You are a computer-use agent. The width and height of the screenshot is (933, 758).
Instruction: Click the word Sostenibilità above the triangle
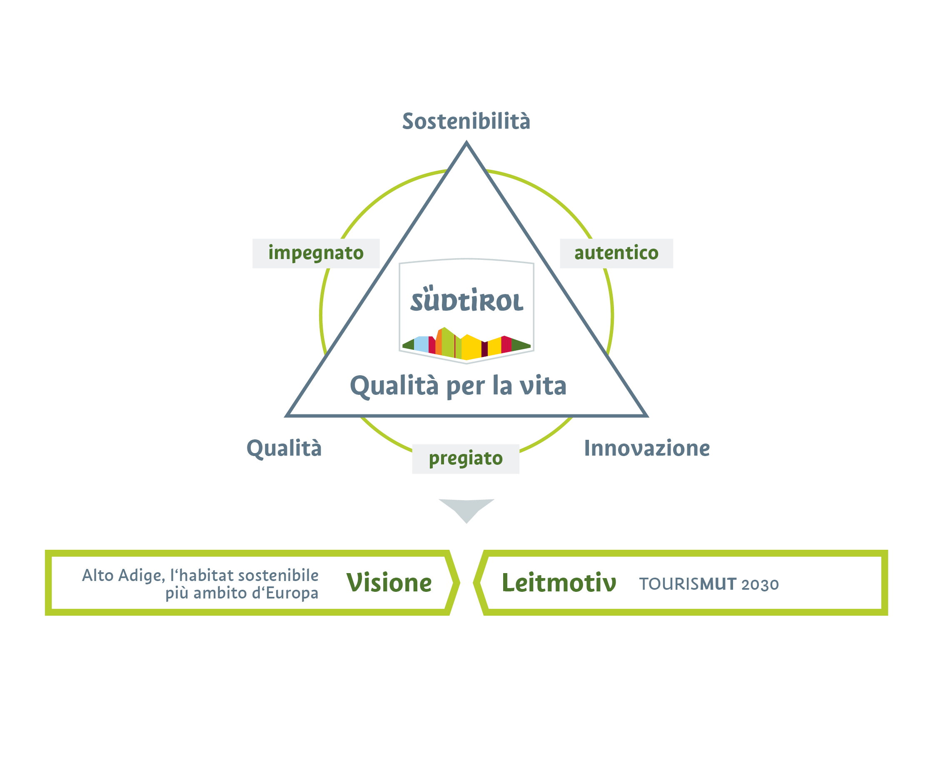pyautogui.click(x=466, y=121)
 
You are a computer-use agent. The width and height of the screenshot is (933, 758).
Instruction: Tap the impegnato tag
pyautogui.click(x=316, y=253)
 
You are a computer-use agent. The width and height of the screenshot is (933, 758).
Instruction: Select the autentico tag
pyautogui.click(x=616, y=253)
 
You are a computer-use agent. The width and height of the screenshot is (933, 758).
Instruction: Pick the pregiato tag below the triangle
pyautogui.click(x=465, y=459)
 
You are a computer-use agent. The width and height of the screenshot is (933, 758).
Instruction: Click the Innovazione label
pyautogui.click(x=646, y=449)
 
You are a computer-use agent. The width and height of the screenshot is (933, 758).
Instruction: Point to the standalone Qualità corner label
pyautogui.click(x=284, y=449)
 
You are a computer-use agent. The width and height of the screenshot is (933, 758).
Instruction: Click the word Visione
pyautogui.click(x=389, y=583)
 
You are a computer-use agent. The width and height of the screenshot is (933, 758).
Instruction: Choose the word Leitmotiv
pyautogui.click(x=559, y=583)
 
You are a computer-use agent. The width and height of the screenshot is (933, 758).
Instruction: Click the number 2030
pyautogui.click(x=760, y=585)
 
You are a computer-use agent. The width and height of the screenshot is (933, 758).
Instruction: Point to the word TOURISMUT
pyautogui.click(x=688, y=584)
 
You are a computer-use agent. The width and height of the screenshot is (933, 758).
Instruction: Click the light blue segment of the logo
pyautogui.click(x=422, y=344)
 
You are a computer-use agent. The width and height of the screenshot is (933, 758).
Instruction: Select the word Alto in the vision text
pyautogui.click(x=98, y=576)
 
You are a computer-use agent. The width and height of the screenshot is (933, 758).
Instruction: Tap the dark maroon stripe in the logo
pyautogui.click(x=484, y=349)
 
